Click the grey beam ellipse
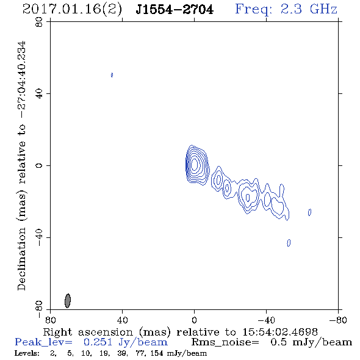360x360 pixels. (x=68, y=301)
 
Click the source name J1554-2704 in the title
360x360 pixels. (x=175, y=10)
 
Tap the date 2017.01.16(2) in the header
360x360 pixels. (x=72, y=10)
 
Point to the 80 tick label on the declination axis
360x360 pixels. (x=39, y=22)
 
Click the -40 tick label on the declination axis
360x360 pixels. (x=39, y=237)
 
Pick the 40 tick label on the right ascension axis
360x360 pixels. (x=122, y=320)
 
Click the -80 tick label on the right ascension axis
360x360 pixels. (x=338, y=320)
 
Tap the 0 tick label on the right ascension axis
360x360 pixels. (x=194, y=320)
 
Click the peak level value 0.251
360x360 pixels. (x=98, y=342)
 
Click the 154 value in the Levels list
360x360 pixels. (x=157, y=353)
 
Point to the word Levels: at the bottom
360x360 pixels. (x=27, y=353)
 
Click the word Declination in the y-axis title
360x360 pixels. (x=21, y=259)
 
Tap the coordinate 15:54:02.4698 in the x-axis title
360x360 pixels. (x=280, y=332)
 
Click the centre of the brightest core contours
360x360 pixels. (x=194, y=165)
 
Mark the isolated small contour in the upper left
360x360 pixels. (x=112, y=75)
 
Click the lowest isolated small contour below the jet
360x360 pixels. (x=289, y=243)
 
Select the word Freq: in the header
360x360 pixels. (x=254, y=10)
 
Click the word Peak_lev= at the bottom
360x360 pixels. (x=43, y=342)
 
